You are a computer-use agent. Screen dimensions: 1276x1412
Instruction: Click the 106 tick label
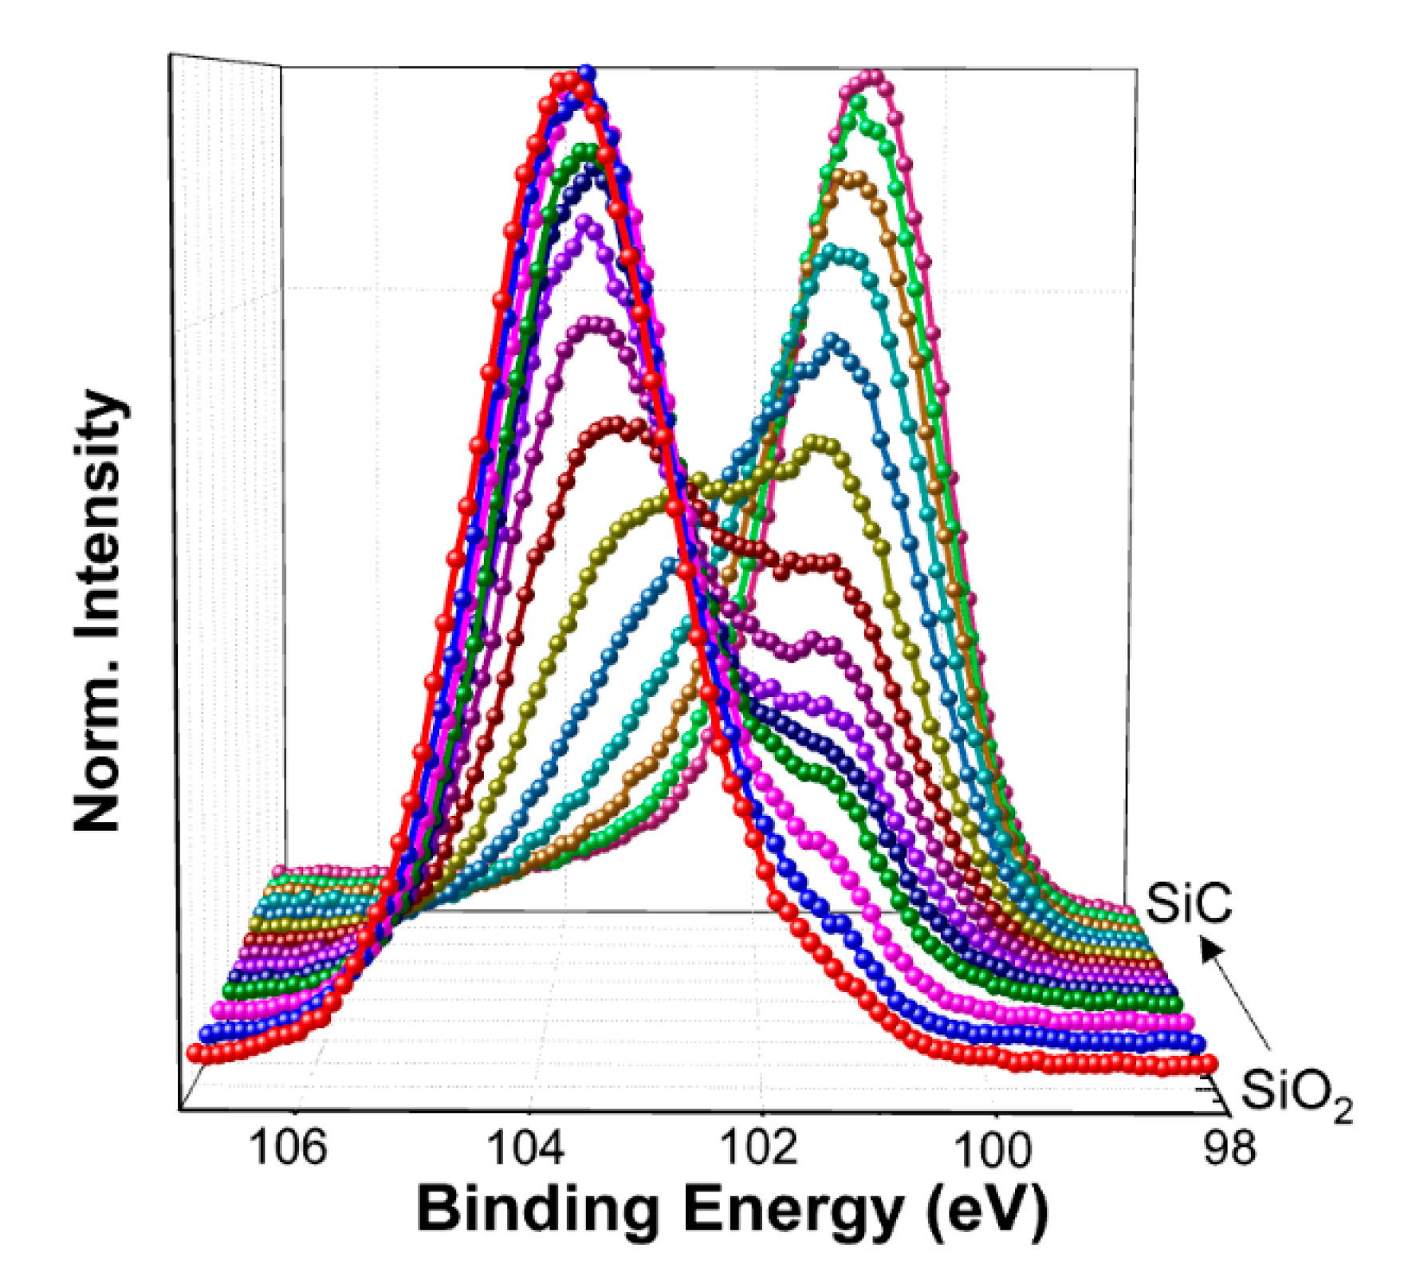(288, 1148)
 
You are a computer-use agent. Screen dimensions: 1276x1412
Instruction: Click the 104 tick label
(525, 1148)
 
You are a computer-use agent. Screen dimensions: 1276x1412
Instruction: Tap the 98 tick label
(1229, 1148)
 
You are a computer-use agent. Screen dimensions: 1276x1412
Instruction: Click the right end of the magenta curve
(1186, 1022)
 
